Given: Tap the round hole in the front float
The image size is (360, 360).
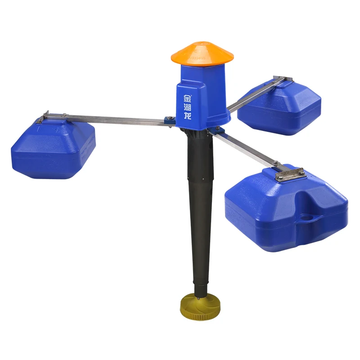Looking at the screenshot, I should click(x=307, y=217).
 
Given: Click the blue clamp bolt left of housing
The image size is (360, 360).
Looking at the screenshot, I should click(x=170, y=120).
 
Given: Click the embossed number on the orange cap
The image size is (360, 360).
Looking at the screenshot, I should click(x=198, y=58).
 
